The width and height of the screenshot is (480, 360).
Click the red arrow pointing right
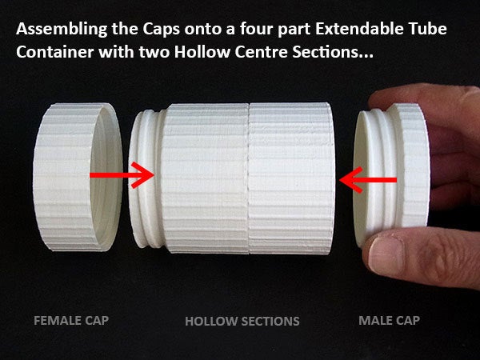click(122, 174)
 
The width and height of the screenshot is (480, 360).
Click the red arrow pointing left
click(368, 180)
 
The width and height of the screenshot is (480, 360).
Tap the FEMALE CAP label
click(71, 321)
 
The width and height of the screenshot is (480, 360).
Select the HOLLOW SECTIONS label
click(242, 321)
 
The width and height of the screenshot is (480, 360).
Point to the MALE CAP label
click(389, 321)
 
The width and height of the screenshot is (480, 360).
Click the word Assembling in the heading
click(62, 30)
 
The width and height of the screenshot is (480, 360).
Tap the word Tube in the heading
click(428, 29)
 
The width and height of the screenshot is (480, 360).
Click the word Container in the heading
click(54, 52)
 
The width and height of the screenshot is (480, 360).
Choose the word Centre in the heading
click(261, 52)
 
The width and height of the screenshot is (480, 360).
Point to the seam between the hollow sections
click(249, 178)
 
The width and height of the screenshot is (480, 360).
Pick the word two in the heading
click(154, 53)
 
